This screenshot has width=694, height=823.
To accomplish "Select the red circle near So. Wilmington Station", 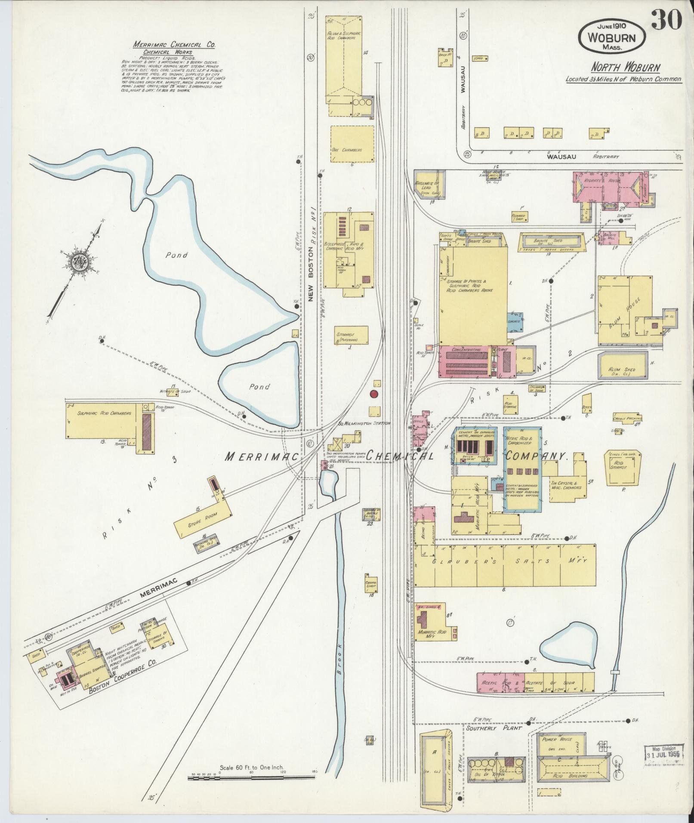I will click(374, 394).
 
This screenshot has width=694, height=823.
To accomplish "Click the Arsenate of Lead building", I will click(429, 185).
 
